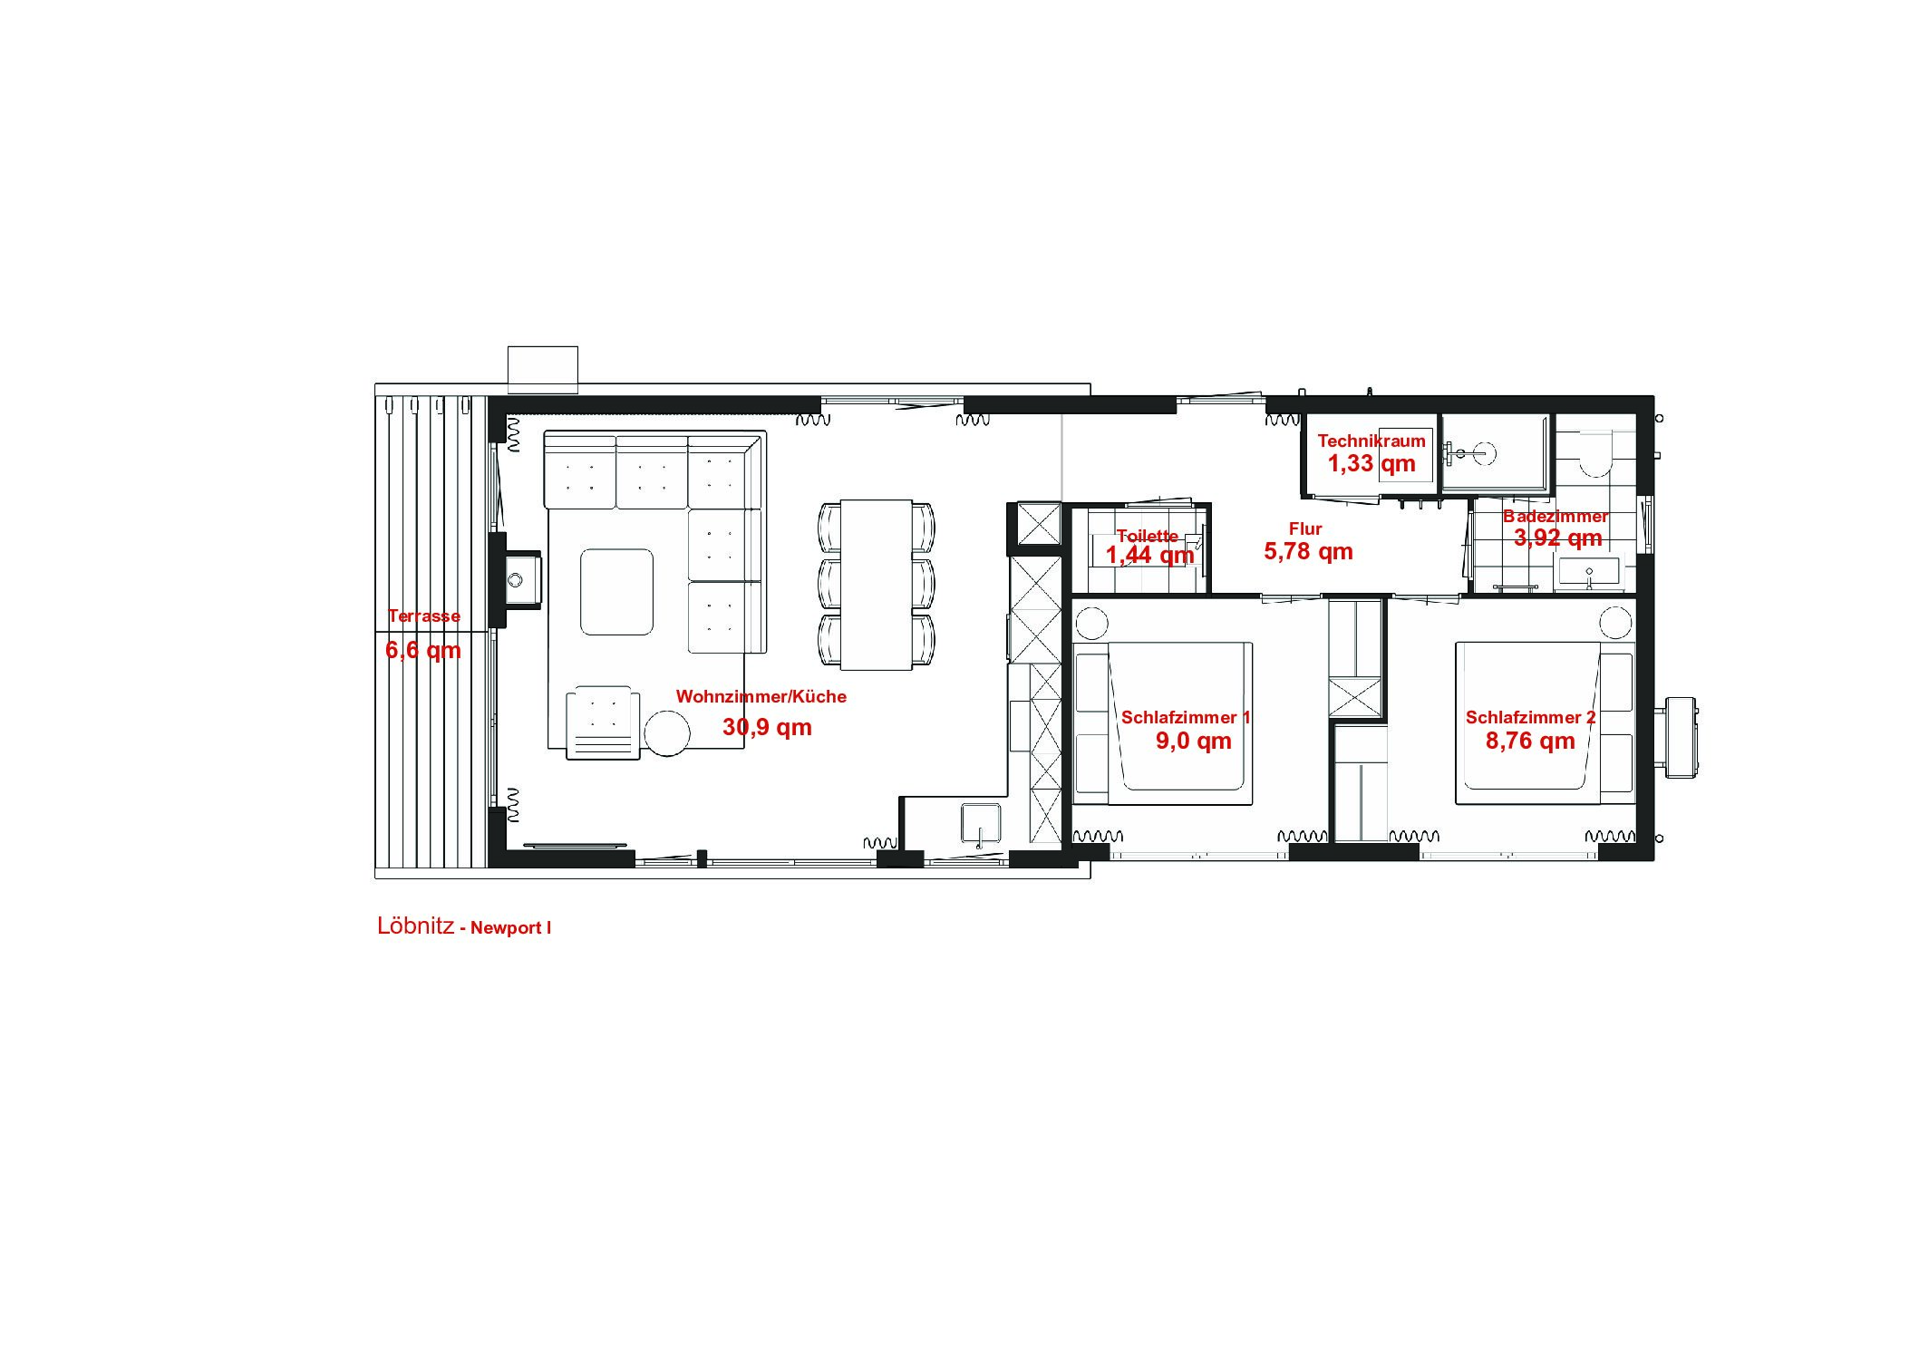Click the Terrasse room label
tap(424, 616)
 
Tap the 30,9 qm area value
tap(767, 727)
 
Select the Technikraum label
tap(1371, 441)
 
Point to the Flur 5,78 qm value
tap(1308, 551)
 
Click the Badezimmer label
tap(1556, 517)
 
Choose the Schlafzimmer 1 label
tap(1186, 718)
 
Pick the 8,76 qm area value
tap(1530, 741)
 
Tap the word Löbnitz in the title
tap(415, 926)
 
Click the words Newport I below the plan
tap(510, 928)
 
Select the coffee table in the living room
tap(616, 592)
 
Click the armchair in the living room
tap(603, 722)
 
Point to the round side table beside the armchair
tap(667, 732)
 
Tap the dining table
tap(876, 585)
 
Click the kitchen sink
tap(981, 826)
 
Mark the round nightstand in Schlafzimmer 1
tap(1091, 625)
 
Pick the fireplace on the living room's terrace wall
tap(518, 577)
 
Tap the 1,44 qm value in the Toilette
tap(1149, 555)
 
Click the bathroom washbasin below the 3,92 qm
tap(1588, 572)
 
